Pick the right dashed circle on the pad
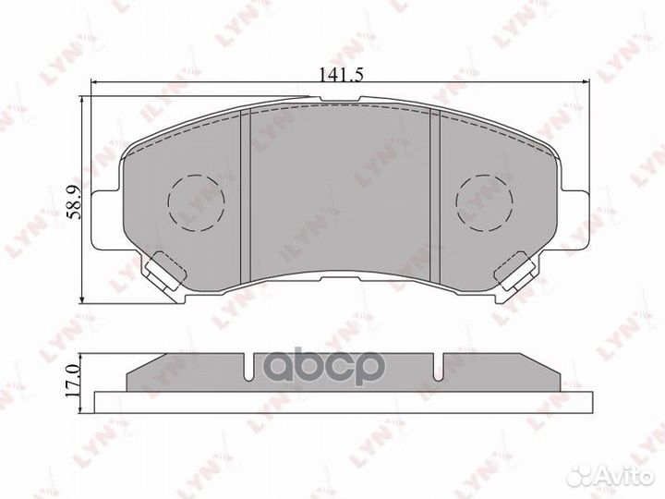(486, 201)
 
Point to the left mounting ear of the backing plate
(109, 217)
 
